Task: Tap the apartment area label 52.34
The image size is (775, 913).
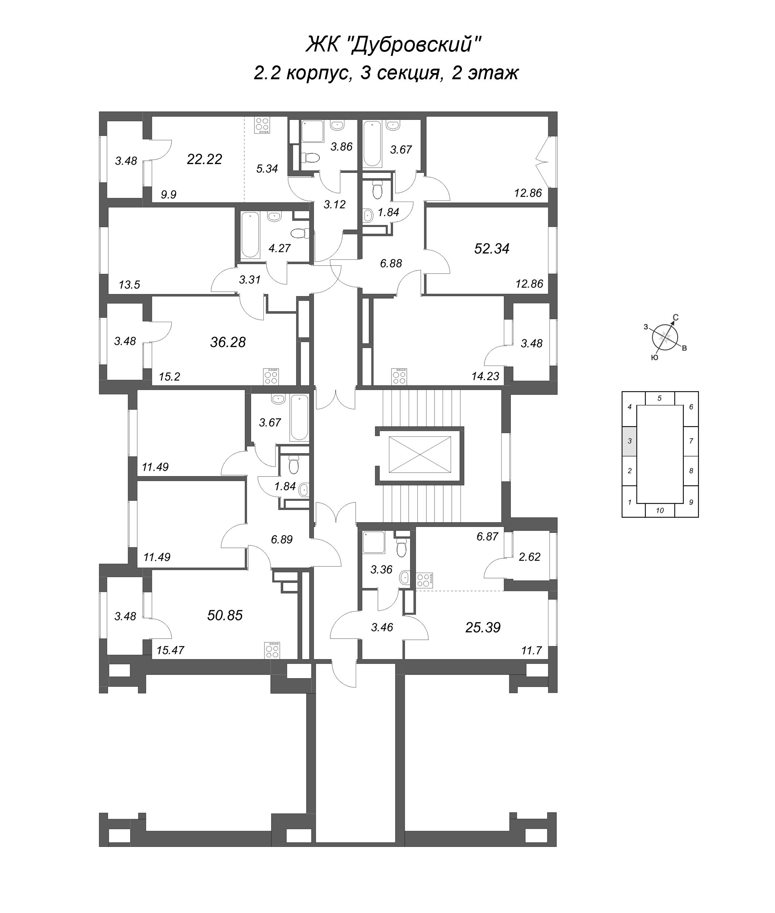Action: click(491, 249)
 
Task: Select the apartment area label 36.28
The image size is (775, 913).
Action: click(228, 342)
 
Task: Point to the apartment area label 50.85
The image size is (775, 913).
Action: click(225, 615)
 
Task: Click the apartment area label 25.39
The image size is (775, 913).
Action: click(483, 627)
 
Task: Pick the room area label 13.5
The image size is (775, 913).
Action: click(129, 285)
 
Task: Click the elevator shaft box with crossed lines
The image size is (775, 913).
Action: click(420, 455)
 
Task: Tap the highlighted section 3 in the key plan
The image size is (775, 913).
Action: click(629, 441)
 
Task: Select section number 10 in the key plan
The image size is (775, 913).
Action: click(659, 511)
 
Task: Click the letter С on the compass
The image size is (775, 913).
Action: click(676, 317)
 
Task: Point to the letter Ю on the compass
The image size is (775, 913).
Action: click(654, 358)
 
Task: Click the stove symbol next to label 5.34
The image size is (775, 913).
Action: click(262, 125)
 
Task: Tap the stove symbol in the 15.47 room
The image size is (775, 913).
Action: click(272, 650)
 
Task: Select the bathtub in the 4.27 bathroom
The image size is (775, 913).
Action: click(250, 234)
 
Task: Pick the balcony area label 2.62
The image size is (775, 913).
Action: click(529, 557)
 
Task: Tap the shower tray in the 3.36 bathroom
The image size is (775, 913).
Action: click(373, 543)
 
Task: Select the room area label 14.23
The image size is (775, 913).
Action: click(486, 376)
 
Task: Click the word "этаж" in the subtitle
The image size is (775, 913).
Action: click(493, 73)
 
